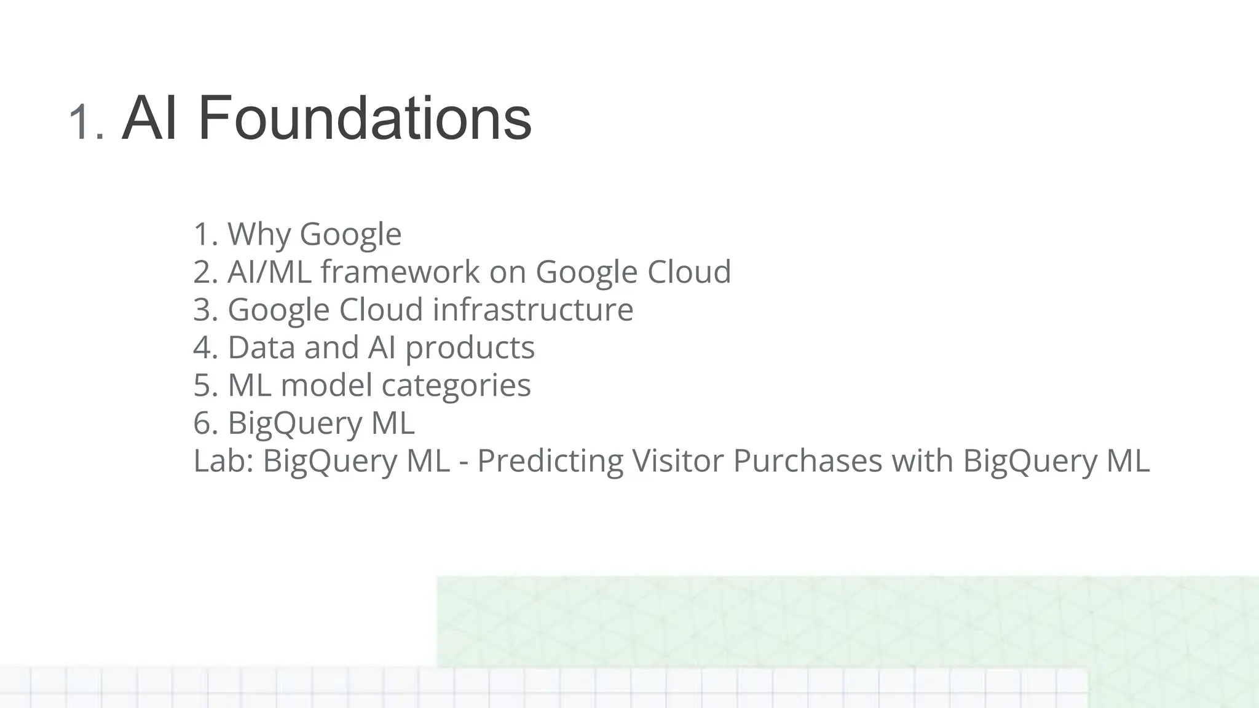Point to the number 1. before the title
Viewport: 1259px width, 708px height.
coord(87,122)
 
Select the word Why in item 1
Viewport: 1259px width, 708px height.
coord(259,234)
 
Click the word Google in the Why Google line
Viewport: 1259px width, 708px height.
coord(350,234)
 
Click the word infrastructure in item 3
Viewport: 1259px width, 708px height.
coord(533,309)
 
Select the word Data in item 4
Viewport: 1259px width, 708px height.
coord(262,347)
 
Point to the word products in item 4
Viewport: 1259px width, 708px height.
coord(470,348)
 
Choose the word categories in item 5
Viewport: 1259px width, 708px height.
coord(456,386)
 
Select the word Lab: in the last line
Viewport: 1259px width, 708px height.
coord(224,461)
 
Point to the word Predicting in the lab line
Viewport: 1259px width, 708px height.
coord(550,461)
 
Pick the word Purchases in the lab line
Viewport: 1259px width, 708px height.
coord(807,461)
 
